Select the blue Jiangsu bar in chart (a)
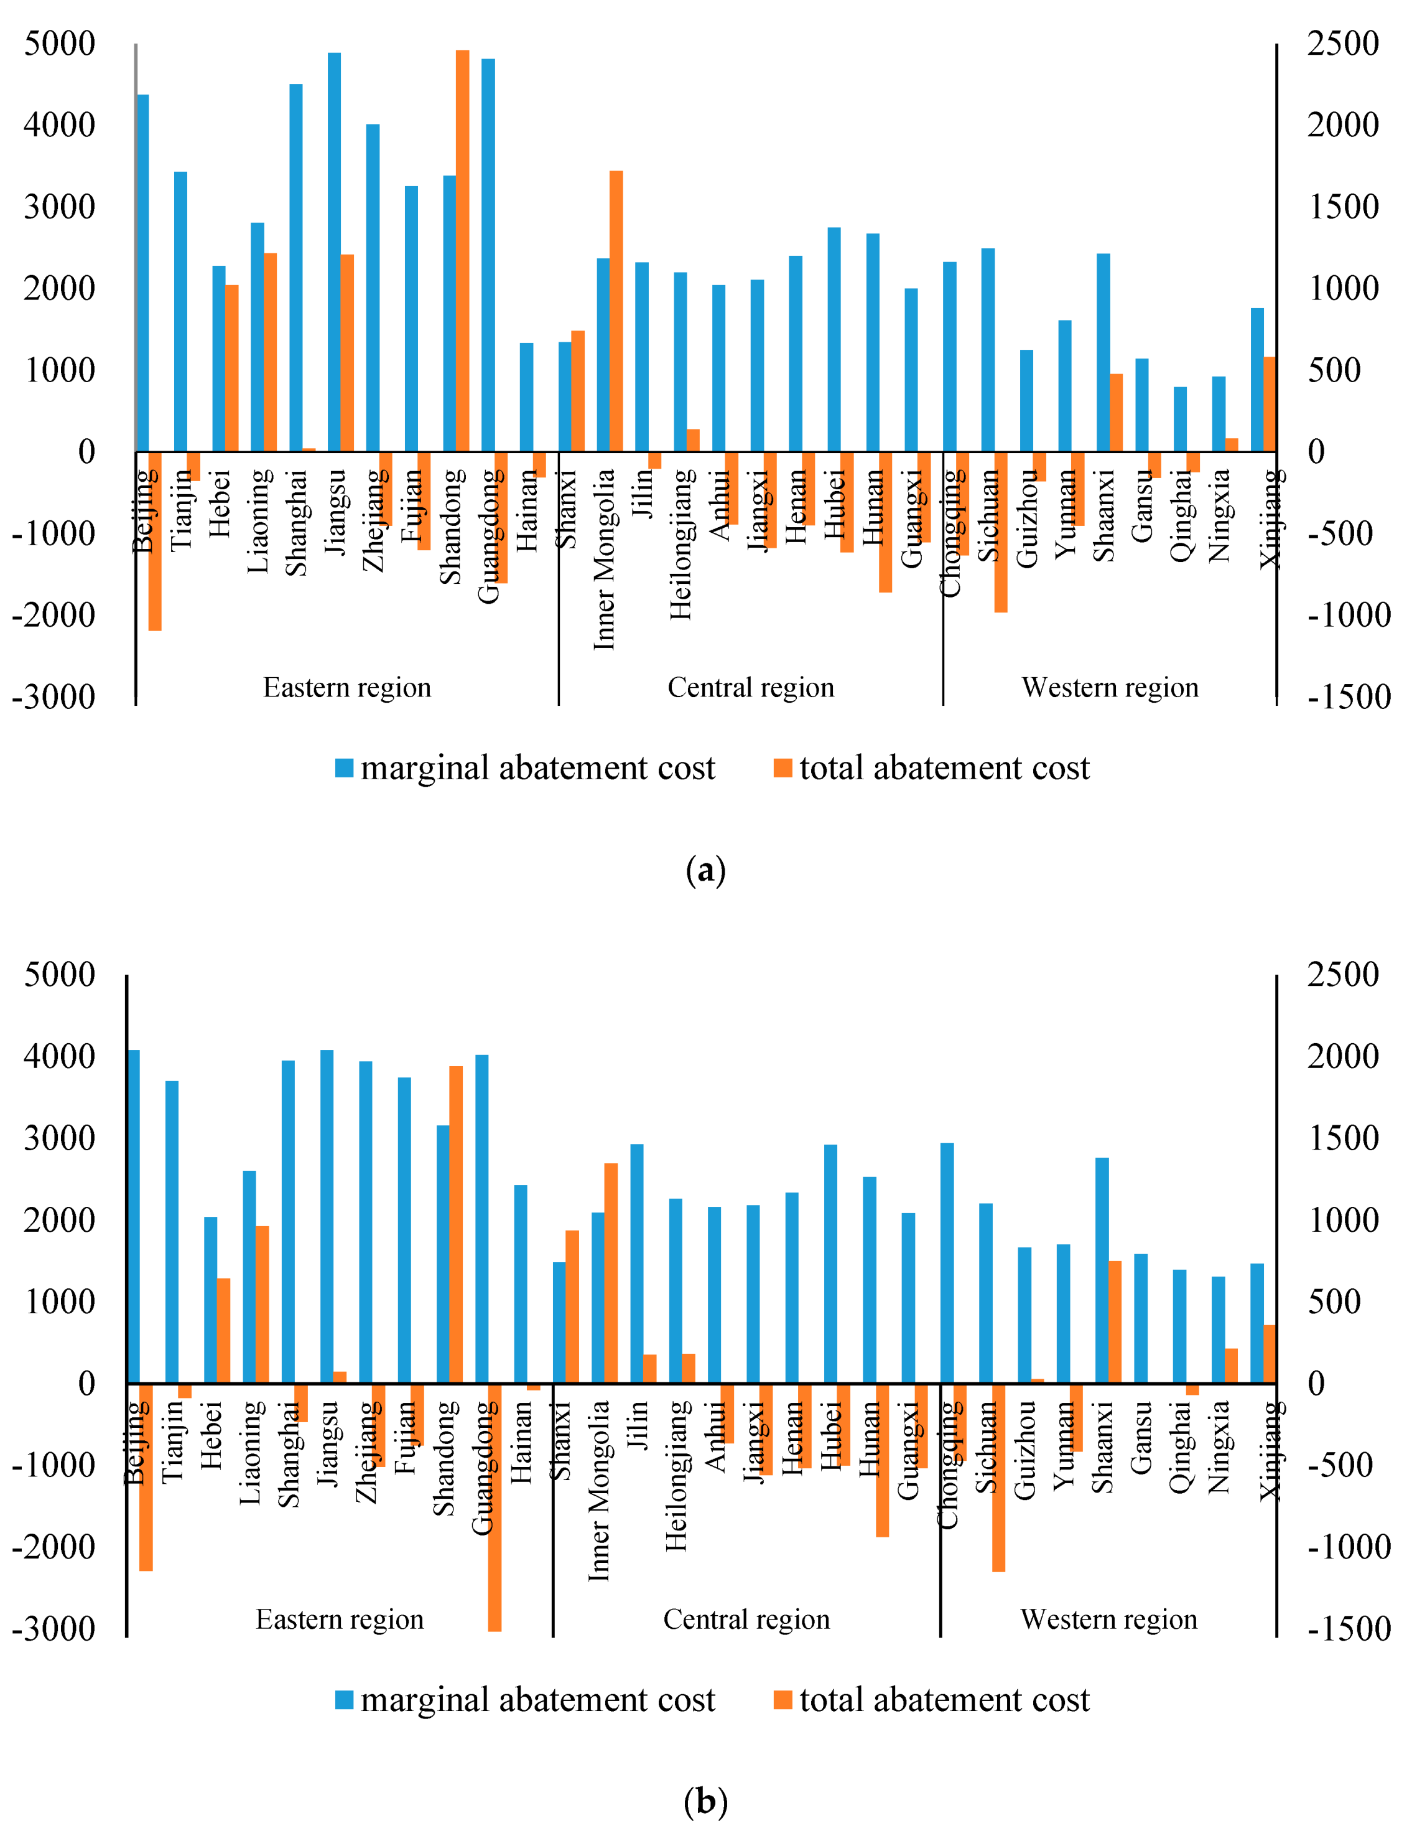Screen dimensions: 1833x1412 (334, 252)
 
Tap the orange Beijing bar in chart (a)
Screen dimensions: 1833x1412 (154, 541)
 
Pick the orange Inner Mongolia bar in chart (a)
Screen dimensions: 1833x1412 (616, 311)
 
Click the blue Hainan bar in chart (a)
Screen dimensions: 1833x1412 (526, 397)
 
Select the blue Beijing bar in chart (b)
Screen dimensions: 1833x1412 (133, 1216)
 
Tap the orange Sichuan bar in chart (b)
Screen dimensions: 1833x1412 (998, 1477)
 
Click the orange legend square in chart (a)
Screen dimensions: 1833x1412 (782, 768)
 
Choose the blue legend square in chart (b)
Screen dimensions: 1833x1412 (344, 1700)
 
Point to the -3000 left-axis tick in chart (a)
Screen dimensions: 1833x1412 (53, 696)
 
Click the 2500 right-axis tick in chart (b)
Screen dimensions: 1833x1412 (1342, 975)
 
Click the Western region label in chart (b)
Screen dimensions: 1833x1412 (1108, 1619)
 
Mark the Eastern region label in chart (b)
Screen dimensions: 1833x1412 (340, 1619)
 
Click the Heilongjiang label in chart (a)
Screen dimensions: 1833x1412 (680, 545)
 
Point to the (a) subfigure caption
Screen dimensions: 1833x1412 (705, 870)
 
